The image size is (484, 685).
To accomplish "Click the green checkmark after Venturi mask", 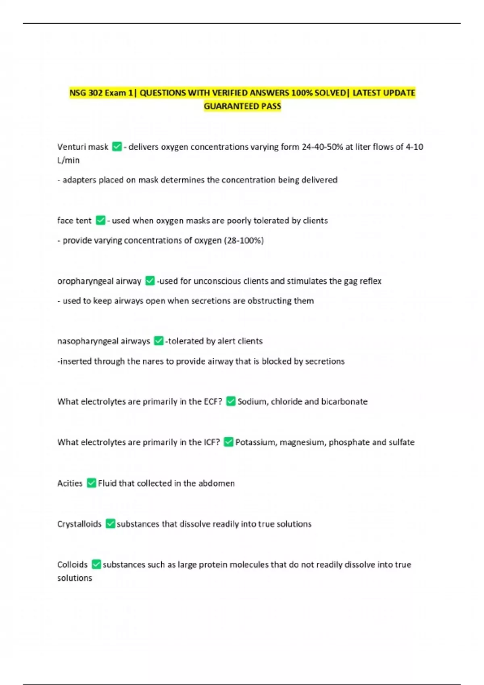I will (x=117, y=147).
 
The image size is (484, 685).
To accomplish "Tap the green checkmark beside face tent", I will (x=100, y=220).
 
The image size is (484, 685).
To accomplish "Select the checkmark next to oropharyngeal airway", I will (x=150, y=280).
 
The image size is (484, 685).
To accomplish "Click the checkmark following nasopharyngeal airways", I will (x=159, y=341).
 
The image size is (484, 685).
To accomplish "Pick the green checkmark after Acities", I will (x=92, y=483).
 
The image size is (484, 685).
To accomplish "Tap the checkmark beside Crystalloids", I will (x=110, y=523).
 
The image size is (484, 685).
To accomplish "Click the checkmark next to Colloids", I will (x=96, y=564).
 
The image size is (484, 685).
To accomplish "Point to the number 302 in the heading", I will (x=95, y=93).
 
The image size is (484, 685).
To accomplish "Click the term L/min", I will (x=68, y=160).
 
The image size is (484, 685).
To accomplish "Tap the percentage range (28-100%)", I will (x=244, y=241).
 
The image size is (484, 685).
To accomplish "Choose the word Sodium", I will (x=252, y=402).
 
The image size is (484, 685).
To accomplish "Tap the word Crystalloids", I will (x=79, y=524).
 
